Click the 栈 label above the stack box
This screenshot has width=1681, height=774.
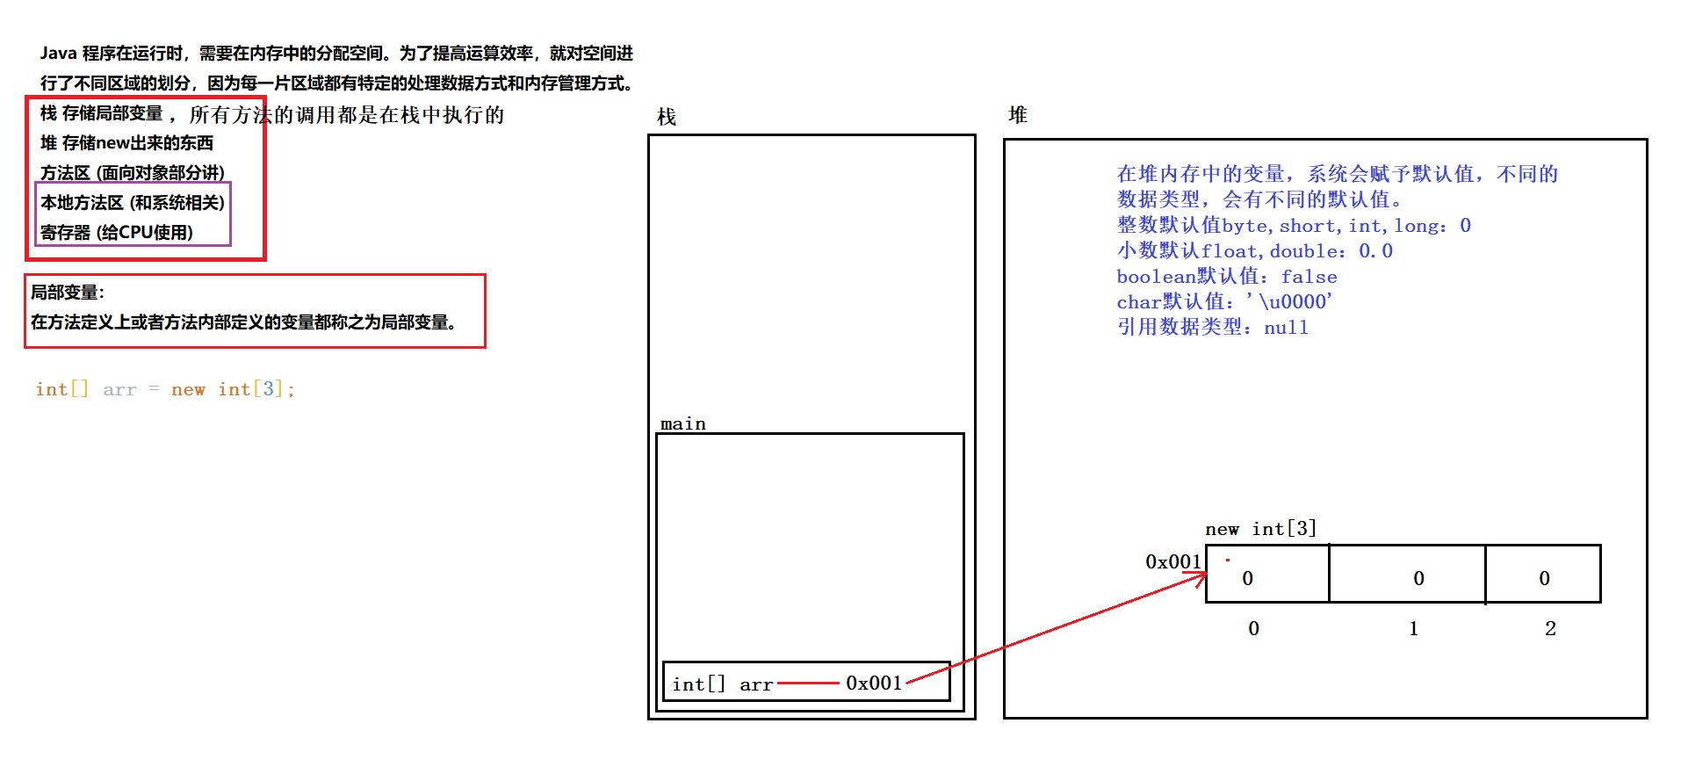pyautogui.click(x=667, y=117)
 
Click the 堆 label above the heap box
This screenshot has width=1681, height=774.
pyautogui.click(x=1018, y=115)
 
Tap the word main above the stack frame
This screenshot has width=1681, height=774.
pyautogui.click(x=682, y=423)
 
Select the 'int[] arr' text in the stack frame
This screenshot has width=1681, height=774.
pyautogui.click(x=722, y=684)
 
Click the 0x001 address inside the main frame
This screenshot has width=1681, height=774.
pyautogui.click(x=874, y=683)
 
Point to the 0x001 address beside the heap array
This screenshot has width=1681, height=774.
pyautogui.click(x=1172, y=561)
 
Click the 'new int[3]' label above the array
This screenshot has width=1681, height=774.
pyautogui.click(x=1260, y=529)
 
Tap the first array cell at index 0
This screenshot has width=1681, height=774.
pyautogui.click(x=1266, y=575)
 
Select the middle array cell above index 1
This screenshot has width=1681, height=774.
pyautogui.click(x=1407, y=575)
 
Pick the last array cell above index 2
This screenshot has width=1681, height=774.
pyautogui.click(x=1543, y=575)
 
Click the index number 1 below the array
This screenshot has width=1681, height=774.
pyautogui.click(x=1413, y=628)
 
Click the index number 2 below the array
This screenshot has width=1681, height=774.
pyautogui.click(x=1550, y=628)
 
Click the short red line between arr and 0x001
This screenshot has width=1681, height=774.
pyautogui.click(x=808, y=683)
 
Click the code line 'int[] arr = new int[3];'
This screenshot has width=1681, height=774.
pyautogui.click(x=165, y=389)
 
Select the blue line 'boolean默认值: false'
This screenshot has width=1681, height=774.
pyautogui.click(x=1226, y=277)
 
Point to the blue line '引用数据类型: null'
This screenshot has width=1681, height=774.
pyautogui.click(x=1212, y=327)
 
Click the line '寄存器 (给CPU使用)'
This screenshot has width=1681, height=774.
pyautogui.click(x=117, y=232)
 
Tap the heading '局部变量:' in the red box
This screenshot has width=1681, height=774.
pyautogui.click(x=68, y=293)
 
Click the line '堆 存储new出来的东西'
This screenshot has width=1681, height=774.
pyautogui.click(x=126, y=142)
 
